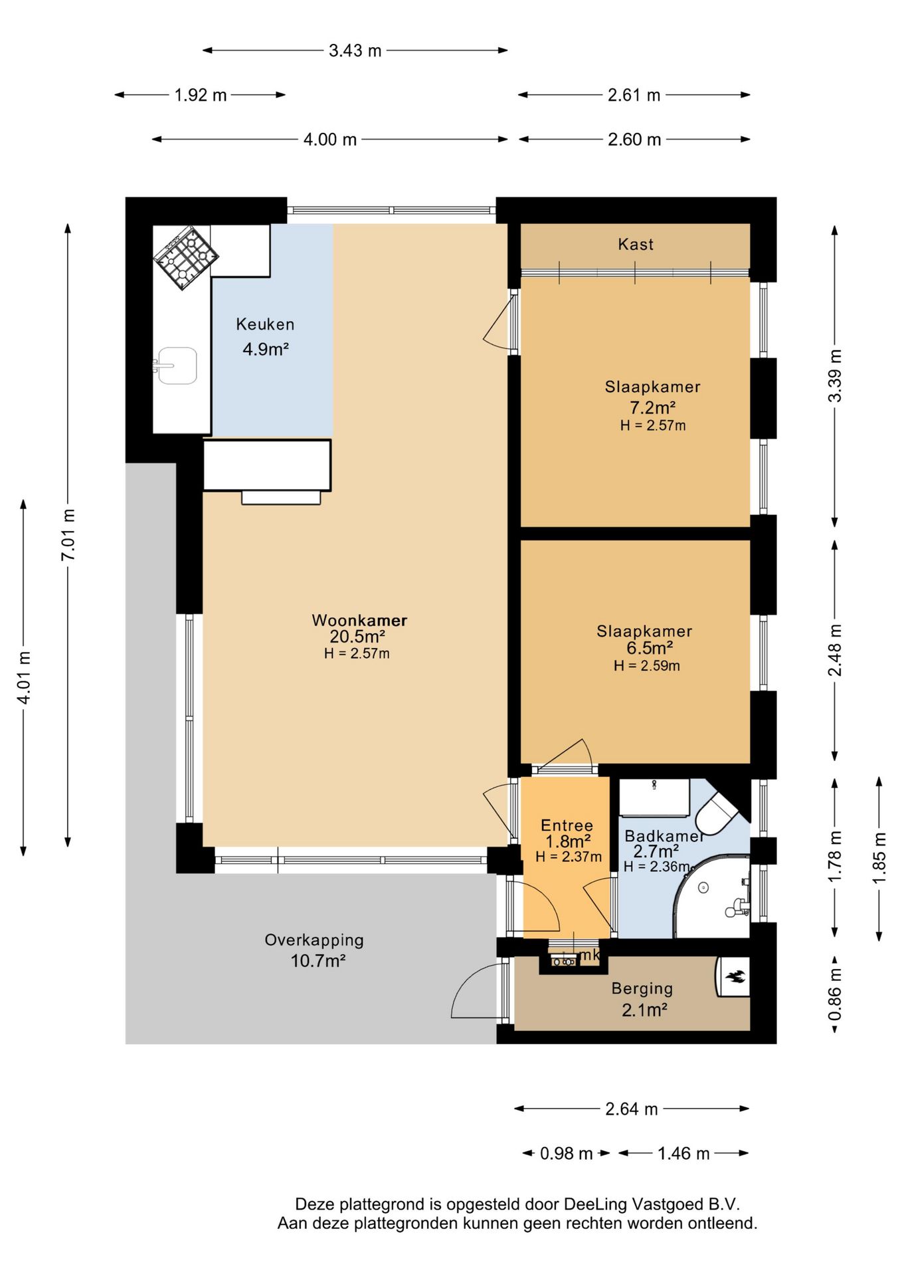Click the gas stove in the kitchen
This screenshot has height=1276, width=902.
(186, 258)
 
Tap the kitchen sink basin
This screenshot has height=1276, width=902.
(177, 366)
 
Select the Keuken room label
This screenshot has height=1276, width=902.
(265, 324)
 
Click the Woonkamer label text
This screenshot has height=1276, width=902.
(359, 620)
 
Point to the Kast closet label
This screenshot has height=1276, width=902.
(636, 245)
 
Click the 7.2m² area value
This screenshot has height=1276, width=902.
(653, 407)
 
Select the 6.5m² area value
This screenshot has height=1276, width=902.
(650, 648)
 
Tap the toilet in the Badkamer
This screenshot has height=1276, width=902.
(717, 813)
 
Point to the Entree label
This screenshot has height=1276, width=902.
(567, 825)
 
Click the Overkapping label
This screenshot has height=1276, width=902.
(314, 940)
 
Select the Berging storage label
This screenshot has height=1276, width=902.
(642, 989)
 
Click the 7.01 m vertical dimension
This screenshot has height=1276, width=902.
(68, 535)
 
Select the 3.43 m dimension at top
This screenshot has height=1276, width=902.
(355, 51)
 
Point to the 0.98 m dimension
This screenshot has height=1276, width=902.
(566, 1153)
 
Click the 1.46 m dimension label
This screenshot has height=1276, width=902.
(683, 1153)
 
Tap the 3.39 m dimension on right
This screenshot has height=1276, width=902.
(835, 375)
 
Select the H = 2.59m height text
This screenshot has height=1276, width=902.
(647, 666)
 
